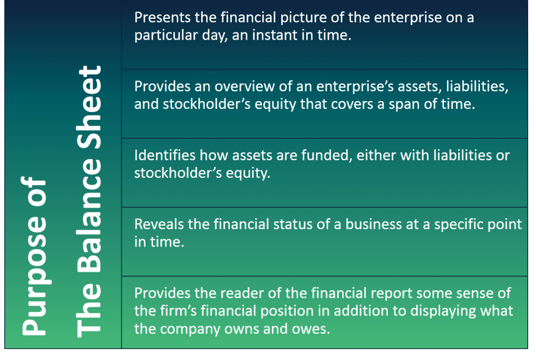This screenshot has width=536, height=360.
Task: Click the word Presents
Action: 162,17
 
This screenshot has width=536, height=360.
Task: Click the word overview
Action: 244,86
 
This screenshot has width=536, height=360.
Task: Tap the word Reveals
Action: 159,224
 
